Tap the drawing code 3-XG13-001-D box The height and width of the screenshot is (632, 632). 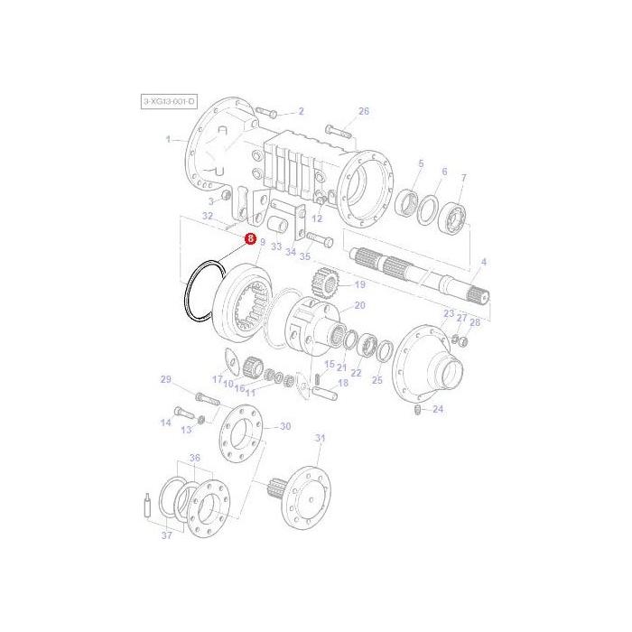pos(169,102)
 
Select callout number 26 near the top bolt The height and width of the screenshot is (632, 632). pos(364,112)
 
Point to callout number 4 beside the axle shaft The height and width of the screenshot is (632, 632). pos(483,262)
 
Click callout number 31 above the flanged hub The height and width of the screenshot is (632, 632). pos(319,438)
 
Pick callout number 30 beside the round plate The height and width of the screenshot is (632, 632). pos(285,426)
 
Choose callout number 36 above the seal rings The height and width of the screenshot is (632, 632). pos(194,459)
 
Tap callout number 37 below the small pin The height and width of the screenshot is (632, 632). pos(166,535)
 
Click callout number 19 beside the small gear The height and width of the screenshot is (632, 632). pos(359,284)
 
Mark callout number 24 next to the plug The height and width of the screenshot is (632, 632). pos(438,409)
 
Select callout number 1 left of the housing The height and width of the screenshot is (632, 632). pos(168,139)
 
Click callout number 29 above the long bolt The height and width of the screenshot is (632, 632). pos(165,379)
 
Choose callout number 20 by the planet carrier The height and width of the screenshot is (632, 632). pos(359,306)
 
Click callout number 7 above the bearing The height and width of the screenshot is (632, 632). pos(463,178)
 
